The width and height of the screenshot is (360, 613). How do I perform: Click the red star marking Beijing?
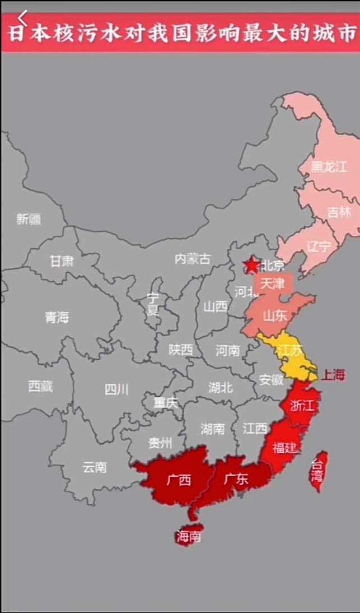[251, 265]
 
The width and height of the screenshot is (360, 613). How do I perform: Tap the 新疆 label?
[29, 219]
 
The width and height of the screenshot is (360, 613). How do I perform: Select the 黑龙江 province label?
[329, 166]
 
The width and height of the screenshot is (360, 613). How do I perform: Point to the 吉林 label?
[339, 212]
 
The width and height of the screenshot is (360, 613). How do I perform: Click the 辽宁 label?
[319, 247]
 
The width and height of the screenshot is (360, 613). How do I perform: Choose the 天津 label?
[273, 284]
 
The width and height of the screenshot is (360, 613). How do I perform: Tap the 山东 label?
[275, 315]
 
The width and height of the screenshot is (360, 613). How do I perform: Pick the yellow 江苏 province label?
[289, 350]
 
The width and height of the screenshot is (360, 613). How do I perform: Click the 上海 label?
[333, 375]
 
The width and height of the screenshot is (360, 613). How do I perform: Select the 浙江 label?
[302, 406]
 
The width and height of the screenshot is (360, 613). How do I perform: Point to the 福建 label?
[284, 447]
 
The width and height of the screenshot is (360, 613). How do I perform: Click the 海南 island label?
[188, 537]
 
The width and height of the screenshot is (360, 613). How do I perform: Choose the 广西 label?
[179, 480]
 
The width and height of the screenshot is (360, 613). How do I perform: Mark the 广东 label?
[236, 479]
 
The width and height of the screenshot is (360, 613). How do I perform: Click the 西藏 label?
[40, 386]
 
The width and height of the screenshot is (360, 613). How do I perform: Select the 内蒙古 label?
[193, 259]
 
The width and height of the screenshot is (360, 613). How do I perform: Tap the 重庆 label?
[165, 402]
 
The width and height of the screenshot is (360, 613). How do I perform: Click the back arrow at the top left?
[22, 16]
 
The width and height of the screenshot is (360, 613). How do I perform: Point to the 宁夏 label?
[153, 304]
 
